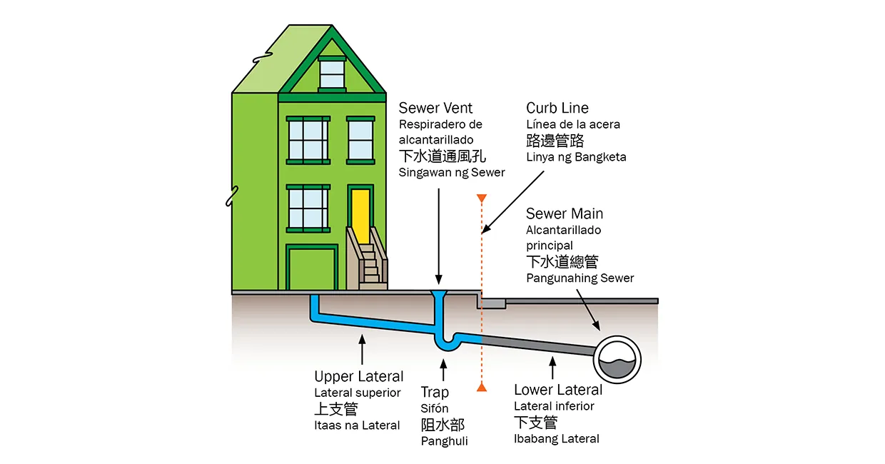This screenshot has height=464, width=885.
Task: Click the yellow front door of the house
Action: [x=360, y=213]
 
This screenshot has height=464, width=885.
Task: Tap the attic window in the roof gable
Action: [x=331, y=74]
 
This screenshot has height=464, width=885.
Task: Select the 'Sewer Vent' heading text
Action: [x=435, y=108]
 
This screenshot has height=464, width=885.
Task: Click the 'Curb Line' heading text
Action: [x=557, y=108]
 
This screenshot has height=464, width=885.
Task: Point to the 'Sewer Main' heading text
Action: [x=565, y=213]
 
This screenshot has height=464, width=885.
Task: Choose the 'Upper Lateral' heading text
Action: [x=359, y=376]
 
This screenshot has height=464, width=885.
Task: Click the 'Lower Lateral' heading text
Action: [x=558, y=390]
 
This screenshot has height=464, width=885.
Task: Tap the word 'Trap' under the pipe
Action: [x=435, y=392]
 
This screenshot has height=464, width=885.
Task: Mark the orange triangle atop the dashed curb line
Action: [x=482, y=198]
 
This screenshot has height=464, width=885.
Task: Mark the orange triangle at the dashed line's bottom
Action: [x=482, y=388]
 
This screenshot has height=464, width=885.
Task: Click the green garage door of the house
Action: [x=312, y=268]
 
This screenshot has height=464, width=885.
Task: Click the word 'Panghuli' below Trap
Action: [x=444, y=441]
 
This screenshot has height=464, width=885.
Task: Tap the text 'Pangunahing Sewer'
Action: [x=580, y=278]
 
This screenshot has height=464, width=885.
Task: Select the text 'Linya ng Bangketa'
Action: [x=576, y=156]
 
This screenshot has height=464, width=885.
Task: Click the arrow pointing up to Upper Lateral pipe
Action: [x=362, y=352]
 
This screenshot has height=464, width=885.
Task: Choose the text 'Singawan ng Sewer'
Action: [x=452, y=172]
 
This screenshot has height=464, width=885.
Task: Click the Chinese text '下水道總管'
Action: [x=562, y=261]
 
